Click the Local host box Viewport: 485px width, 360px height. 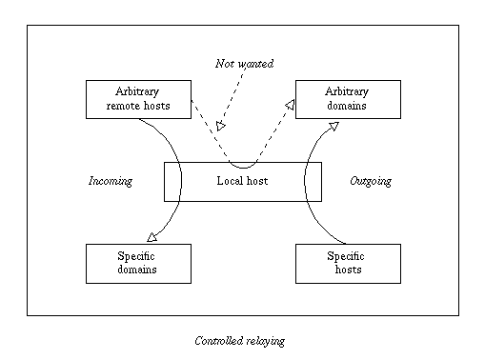tap(242, 181)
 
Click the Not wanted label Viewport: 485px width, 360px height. tap(243, 64)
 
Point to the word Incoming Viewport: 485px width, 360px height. tap(110, 181)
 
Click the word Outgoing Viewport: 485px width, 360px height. tap(371, 181)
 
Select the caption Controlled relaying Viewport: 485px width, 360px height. tap(239, 340)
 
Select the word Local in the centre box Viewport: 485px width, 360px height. tap(230, 181)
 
